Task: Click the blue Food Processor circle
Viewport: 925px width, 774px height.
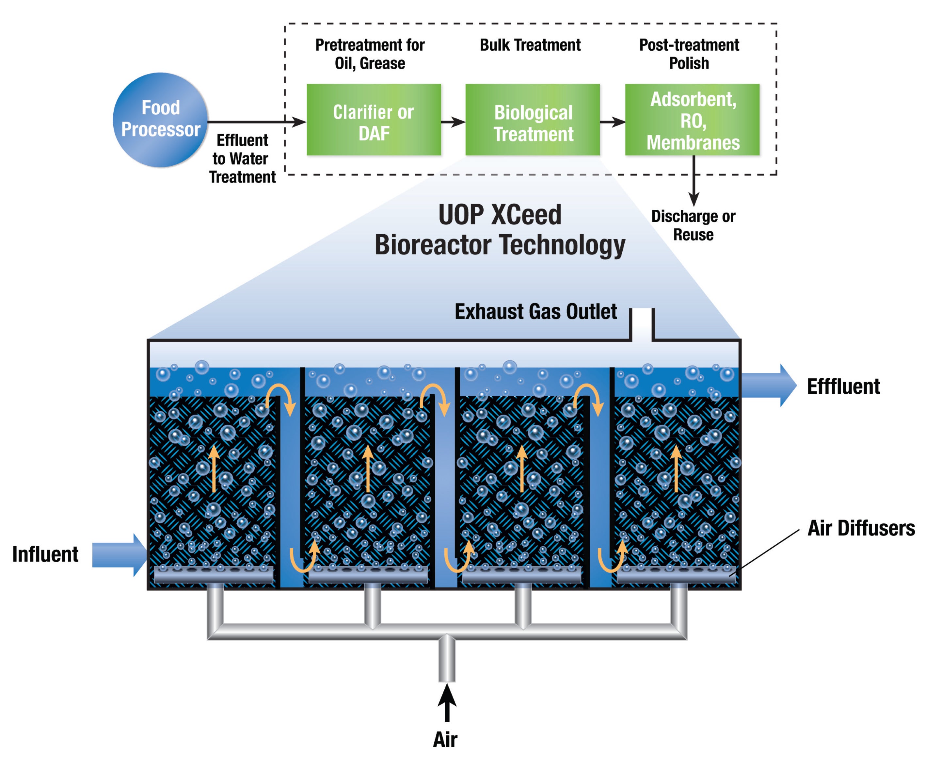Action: [160, 120]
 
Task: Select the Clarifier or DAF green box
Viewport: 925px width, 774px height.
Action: [374, 120]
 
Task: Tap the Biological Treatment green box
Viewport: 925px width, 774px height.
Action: [532, 120]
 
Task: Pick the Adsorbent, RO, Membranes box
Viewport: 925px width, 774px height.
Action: [692, 120]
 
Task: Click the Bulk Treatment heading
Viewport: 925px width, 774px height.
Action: [530, 45]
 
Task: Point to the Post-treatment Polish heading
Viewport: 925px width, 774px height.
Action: [689, 54]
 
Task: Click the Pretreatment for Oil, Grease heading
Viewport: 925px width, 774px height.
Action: [370, 54]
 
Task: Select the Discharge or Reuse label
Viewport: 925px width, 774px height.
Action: [693, 225]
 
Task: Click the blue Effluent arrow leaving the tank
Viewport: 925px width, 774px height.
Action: [769, 385]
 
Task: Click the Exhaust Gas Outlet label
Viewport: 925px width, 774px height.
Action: [535, 312]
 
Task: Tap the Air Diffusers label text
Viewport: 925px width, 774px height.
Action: [861, 528]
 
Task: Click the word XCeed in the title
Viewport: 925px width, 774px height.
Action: [526, 215]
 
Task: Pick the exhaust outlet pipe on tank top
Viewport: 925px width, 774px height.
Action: [642, 324]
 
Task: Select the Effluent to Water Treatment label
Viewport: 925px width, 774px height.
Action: [242, 159]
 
